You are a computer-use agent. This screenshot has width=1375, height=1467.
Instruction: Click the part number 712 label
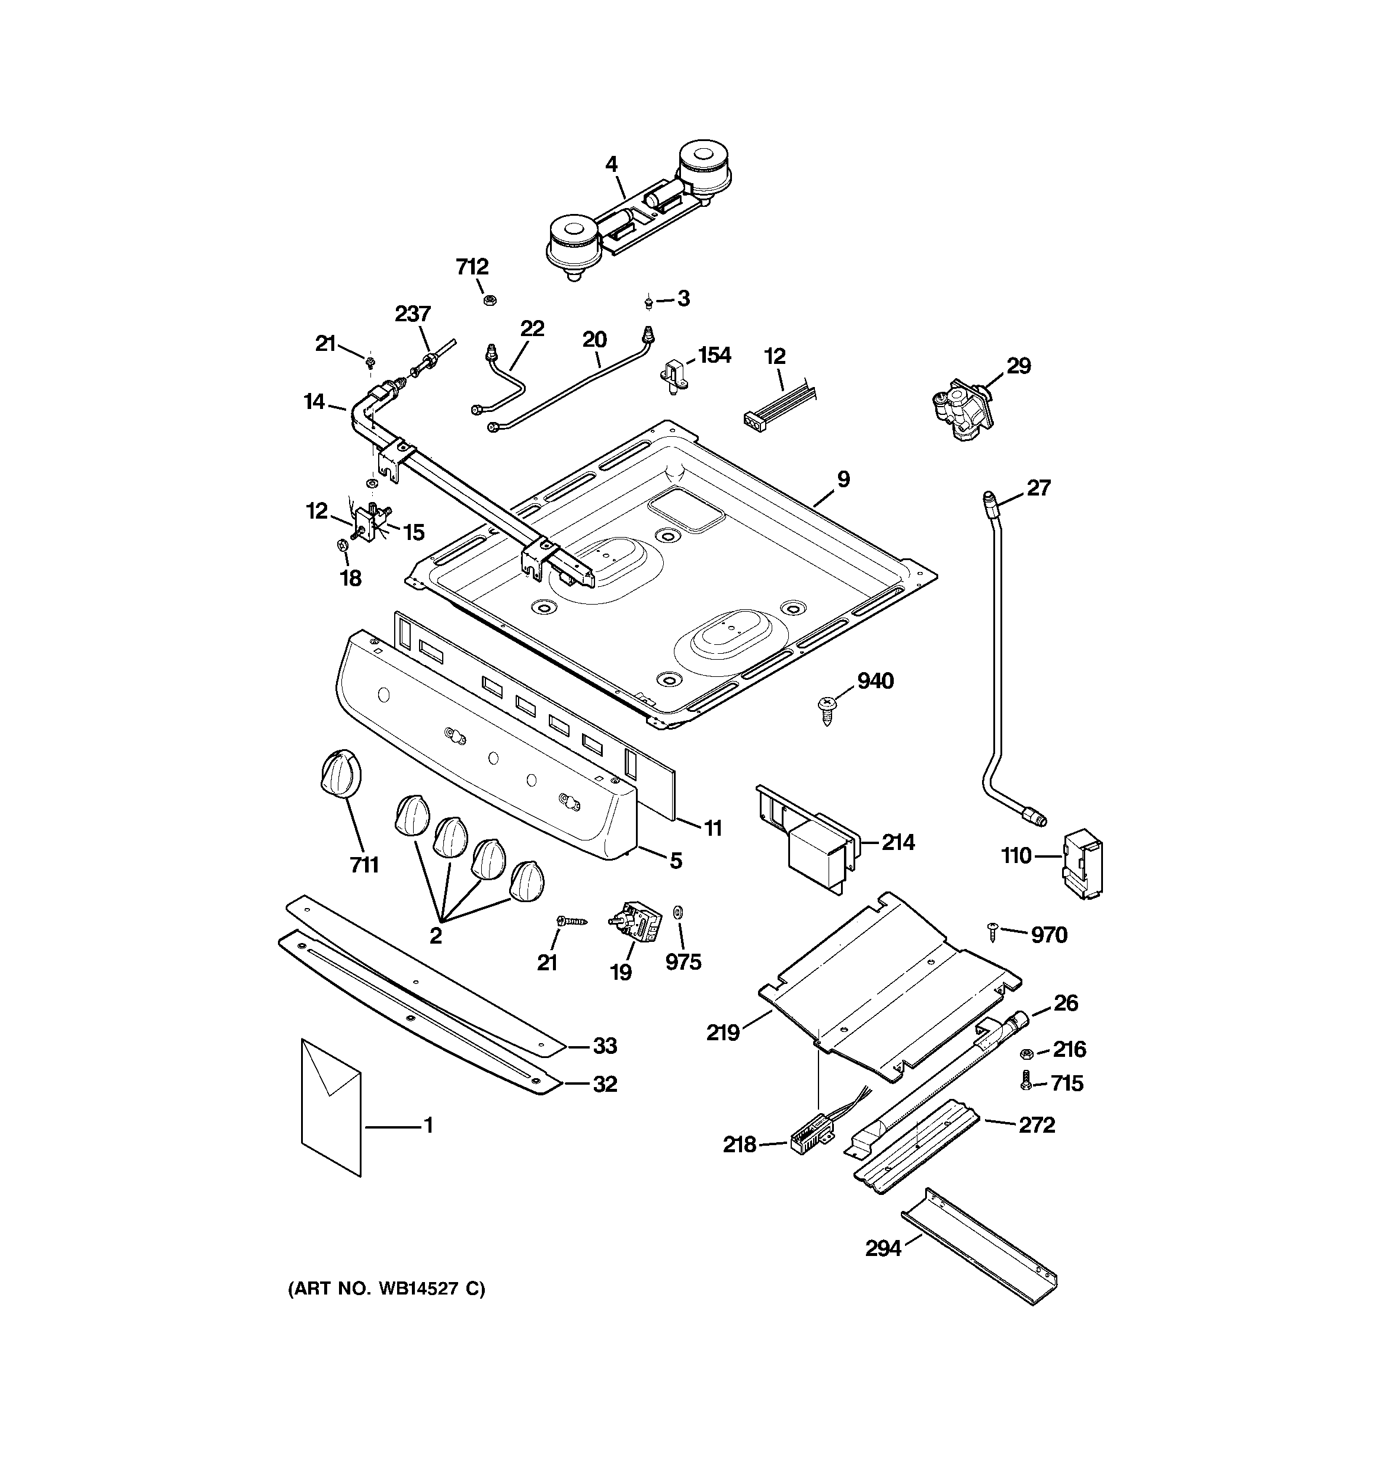472,266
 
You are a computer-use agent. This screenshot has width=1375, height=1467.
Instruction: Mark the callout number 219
722,1033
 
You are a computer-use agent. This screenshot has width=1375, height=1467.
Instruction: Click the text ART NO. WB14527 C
386,1289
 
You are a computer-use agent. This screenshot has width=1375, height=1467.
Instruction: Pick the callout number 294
884,1248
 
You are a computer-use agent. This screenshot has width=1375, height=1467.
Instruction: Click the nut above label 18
342,545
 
